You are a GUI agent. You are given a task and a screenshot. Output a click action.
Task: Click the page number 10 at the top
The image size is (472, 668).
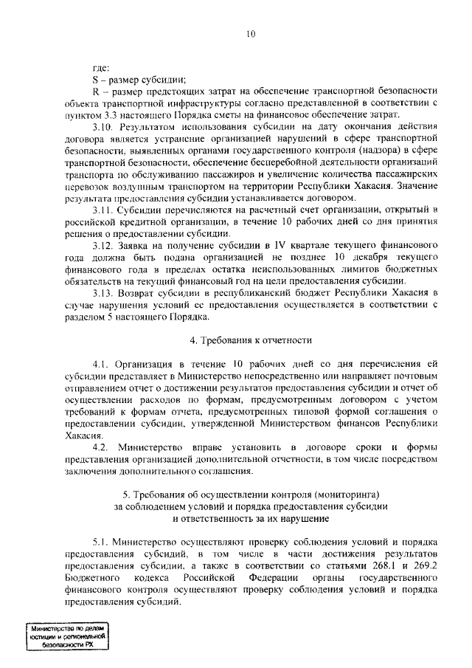point(250,33)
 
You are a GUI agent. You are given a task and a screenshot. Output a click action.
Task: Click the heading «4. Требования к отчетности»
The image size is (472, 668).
point(251,340)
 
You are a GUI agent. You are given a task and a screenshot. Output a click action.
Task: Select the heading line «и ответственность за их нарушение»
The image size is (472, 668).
point(251,518)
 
